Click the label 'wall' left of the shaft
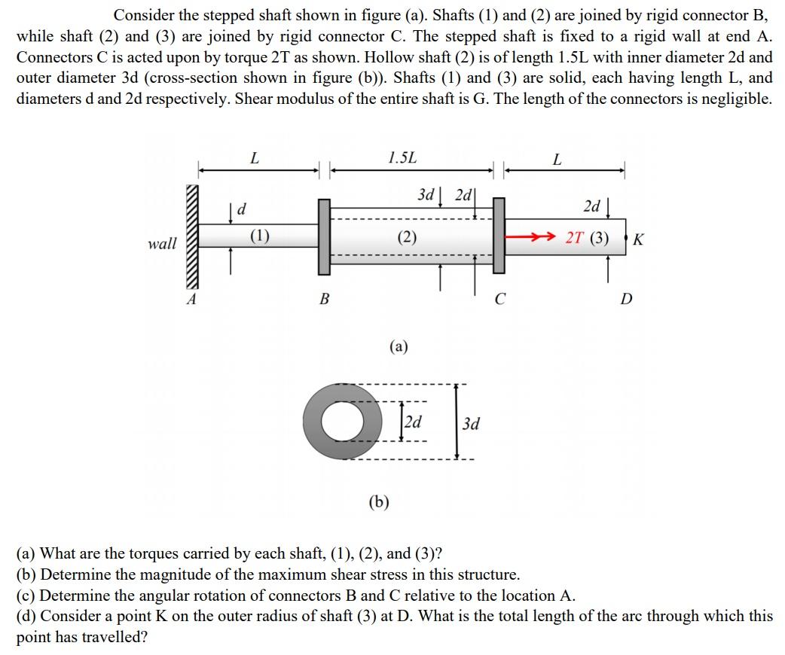(x=162, y=243)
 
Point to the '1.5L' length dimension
(x=402, y=158)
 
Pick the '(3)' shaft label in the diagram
(x=600, y=239)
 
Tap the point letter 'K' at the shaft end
(x=639, y=240)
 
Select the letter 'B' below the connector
(x=325, y=300)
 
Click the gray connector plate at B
(x=325, y=236)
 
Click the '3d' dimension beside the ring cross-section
(x=471, y=423)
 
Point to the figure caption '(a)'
(x=399, y=346)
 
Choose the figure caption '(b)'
(x=379, y=502)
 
